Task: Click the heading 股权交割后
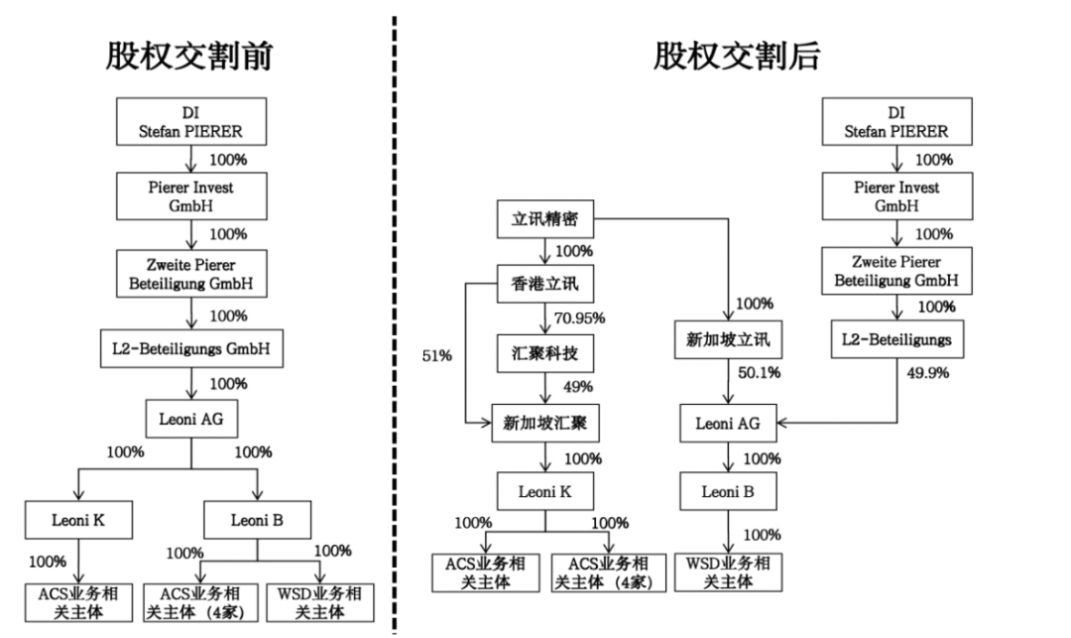[x=736, y=57]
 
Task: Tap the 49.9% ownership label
[x=928, y=374]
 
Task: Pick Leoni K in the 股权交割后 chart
[x=543, y=490]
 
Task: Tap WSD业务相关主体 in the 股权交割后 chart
[x=728, y=573]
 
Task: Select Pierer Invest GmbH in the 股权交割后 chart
[x=895, y=195]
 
